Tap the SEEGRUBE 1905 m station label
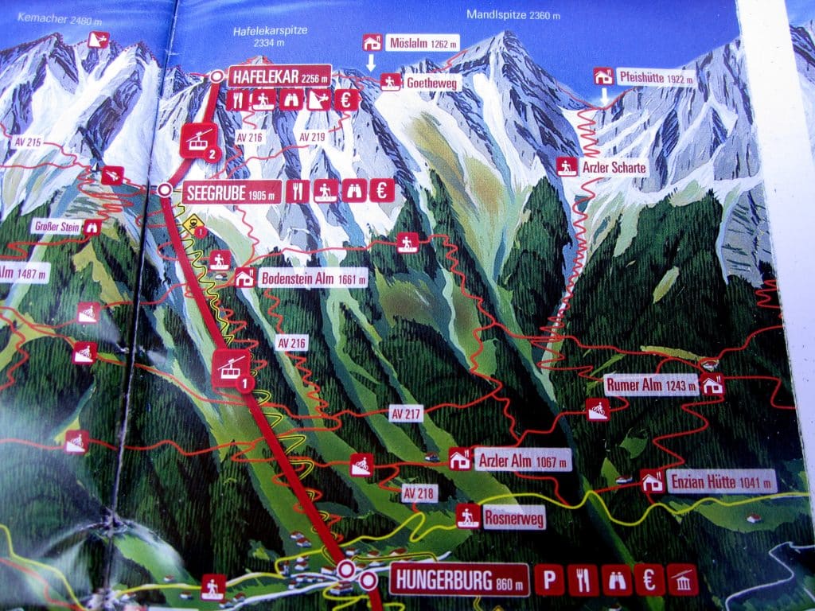point(233,191)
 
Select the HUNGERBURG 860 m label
point(459,579)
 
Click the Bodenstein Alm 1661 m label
point(313,278)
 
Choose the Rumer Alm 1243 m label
point(651,385)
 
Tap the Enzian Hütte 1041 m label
point(721,481)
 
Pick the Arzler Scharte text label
point(614,167)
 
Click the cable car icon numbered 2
point(200,141)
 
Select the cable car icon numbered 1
point(232,368)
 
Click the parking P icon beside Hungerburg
point(549,580)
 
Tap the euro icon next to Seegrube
point(385,190)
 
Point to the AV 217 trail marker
point(405,413)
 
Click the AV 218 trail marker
point(419,493)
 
